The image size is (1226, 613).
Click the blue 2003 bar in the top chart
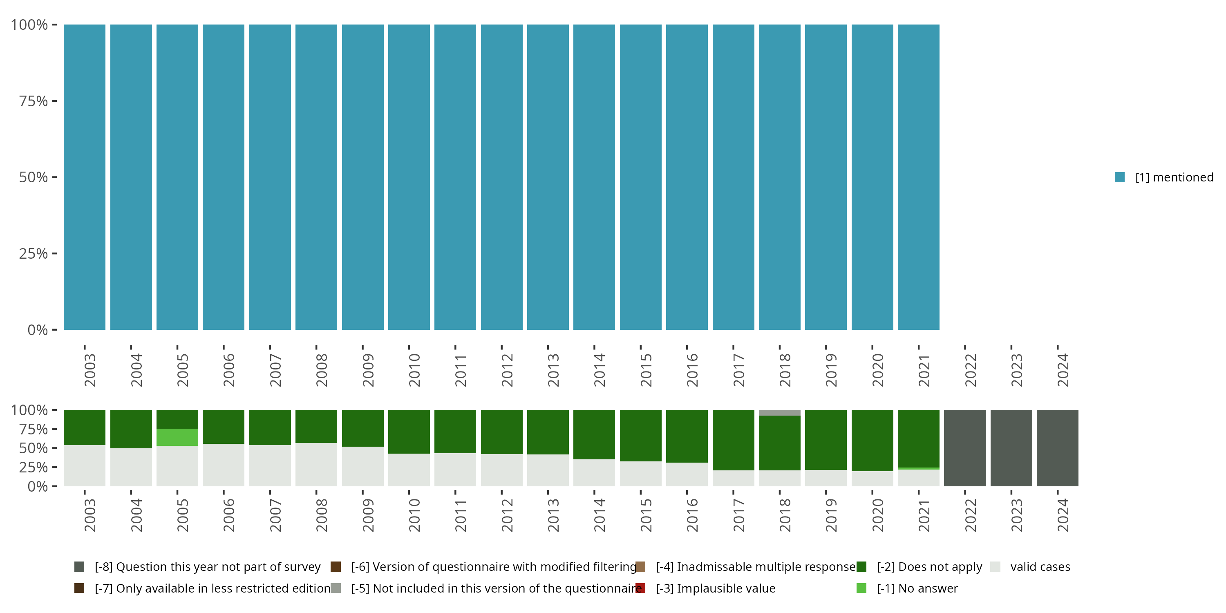[x=85, y=177]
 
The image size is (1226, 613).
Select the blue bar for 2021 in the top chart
[x=919, y=177]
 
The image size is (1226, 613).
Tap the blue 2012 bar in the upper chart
[x=501, y=177]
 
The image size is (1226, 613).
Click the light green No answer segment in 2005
[x=177, y=437]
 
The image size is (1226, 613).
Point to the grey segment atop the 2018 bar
[x=780, y=413]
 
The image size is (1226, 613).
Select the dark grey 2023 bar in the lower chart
[x=1011, y=448]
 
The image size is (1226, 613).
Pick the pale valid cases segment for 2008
[x=316, y=465]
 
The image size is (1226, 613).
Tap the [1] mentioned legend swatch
[x=1119, y=177]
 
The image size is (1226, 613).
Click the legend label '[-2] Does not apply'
[x=929, y=567]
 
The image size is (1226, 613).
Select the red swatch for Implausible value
[x=641, y=588]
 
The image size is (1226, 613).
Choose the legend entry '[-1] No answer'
[x=917, y=588]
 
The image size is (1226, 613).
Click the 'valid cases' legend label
[x=1040, y=567]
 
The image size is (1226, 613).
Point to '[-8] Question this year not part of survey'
[x=208, y=567]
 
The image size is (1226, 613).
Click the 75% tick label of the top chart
[x=34, y=101]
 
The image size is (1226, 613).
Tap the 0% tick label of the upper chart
[x=38, y=330]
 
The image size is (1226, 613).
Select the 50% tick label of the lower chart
[x=34, y=448]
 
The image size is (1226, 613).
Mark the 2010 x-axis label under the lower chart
[x=414, y=515]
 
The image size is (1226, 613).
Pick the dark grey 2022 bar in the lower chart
[x=965, y=448]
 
